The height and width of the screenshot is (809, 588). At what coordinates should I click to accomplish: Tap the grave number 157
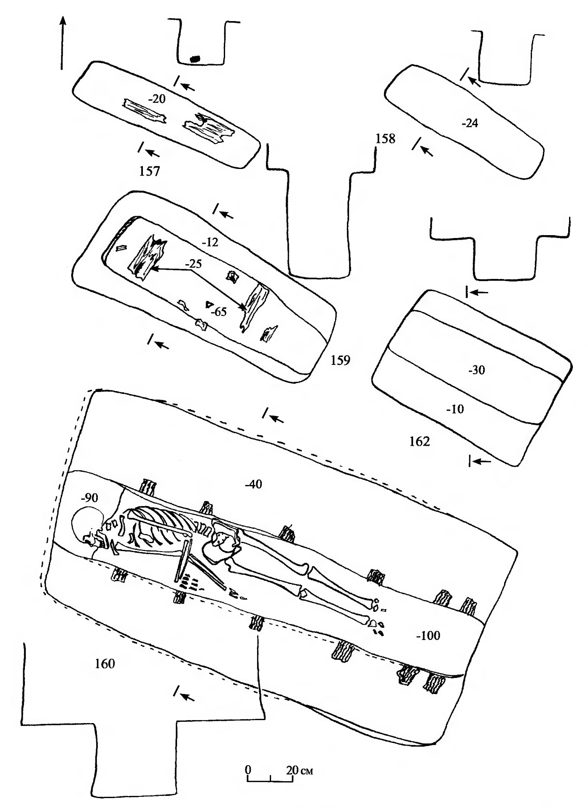[150, 172]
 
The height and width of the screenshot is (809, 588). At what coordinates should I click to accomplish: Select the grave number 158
[385, 139]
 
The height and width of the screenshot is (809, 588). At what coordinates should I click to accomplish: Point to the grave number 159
[340, 361]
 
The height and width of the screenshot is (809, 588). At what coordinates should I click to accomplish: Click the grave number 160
[105, 664]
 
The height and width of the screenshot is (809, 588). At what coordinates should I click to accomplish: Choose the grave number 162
[419, 442]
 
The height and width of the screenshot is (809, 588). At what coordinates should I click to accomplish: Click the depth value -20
[156, 99]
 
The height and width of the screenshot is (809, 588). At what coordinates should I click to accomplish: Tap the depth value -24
[470, 123]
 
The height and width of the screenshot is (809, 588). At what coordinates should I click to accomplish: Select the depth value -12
[210, 243]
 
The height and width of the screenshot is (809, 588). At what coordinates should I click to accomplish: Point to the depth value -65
[219, 312]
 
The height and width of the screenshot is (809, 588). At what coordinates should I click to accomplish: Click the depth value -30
[476, 370]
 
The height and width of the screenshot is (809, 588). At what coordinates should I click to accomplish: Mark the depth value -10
[455, 409]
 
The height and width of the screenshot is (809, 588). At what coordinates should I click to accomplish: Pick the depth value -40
[253, 485]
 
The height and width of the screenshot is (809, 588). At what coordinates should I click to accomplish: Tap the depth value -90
[89, 498]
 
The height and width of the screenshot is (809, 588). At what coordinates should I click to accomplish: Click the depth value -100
[428, 635]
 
